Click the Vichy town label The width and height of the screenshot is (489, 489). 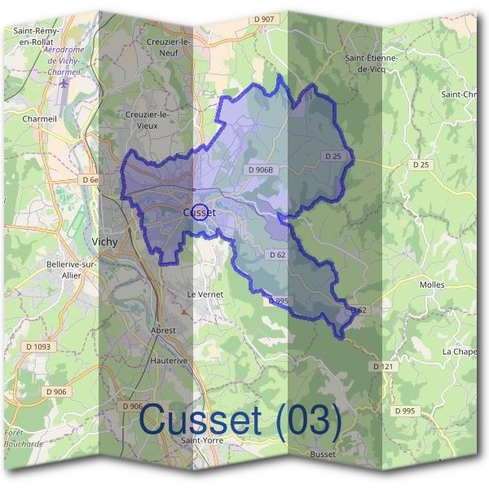(105, 241)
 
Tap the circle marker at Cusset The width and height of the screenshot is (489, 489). (199, 212)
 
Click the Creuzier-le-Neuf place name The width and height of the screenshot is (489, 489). (169, 46)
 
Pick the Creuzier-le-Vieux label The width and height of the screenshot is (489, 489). (148, 120)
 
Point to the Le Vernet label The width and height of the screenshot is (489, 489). (205, 293)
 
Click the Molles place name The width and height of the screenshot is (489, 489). (431, 284)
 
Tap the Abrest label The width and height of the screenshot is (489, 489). (163, 330)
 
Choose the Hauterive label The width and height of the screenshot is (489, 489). (170, 359)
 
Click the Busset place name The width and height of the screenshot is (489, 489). (323, 453)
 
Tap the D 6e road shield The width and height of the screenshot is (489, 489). (90, 179)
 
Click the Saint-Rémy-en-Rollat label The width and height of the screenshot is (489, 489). (35, 36)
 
